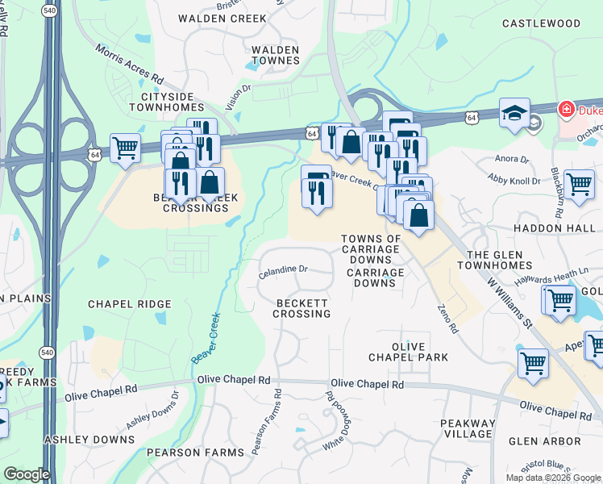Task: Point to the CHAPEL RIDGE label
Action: (129, 304)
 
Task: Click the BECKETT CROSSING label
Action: (301, 307)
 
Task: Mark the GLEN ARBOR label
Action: (544, 441)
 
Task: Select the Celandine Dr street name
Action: (283, 273)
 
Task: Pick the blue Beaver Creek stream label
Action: (206, 337)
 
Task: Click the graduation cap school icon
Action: (514, 114)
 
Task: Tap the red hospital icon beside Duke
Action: (567, 108)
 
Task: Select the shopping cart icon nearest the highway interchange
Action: (125, 148)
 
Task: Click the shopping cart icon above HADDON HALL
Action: (579, 183)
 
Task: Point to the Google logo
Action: (26, 474)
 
